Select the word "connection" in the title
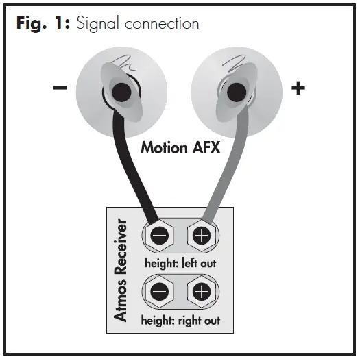(x=166, y=23)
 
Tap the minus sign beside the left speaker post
(x=60, y=90)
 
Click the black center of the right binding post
(x=236, y=90)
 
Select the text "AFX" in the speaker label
(x=205, y=147)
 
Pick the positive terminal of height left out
(x=201, y=236)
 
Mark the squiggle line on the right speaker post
(x=231, y=65)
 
